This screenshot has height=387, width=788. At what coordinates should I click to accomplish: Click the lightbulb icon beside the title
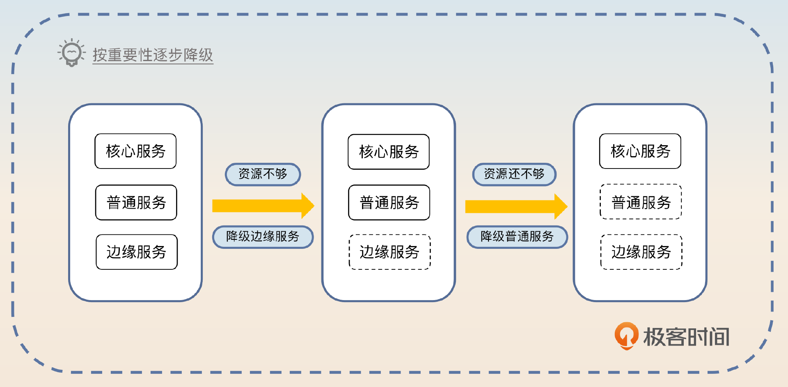(x=72, y=53)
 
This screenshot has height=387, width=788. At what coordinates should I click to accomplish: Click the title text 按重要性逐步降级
(x=153, y=55)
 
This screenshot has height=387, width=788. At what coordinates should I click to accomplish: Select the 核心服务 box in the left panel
(x=135, y=151)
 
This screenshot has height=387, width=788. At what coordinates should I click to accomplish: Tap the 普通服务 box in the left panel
(x=136, y=203)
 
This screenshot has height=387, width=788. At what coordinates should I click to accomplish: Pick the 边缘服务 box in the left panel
(x=136, y=252)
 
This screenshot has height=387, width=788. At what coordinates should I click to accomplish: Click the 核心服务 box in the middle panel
(x=389, y=152)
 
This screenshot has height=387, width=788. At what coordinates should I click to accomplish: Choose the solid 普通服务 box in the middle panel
(x=389, y=203)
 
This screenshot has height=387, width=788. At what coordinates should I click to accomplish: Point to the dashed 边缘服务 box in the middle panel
(x=389, y=252)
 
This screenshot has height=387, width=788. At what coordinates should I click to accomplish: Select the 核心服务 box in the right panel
(x=640, y=151)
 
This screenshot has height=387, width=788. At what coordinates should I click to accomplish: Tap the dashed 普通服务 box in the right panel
(x=641, y=202)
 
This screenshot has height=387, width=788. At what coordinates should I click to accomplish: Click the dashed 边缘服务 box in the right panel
(x=641, y=252)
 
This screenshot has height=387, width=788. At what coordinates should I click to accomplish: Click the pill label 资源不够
(x=263, y=174)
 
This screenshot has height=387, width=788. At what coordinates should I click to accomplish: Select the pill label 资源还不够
(x=514, y=174)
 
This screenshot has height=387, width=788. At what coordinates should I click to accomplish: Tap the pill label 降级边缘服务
(x=263, y=237)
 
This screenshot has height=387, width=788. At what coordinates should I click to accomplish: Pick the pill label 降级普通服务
(x=517, y=237)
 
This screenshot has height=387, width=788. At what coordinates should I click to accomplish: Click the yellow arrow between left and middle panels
(x=263, y=206)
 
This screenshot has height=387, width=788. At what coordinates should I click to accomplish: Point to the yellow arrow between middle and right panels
(x=515, y=207)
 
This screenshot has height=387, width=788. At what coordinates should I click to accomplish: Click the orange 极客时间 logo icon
(x=626, y=336)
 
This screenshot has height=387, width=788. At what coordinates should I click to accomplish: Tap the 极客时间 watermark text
(x=686, y=337)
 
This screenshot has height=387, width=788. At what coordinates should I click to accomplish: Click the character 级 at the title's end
(x=206, y=55)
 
